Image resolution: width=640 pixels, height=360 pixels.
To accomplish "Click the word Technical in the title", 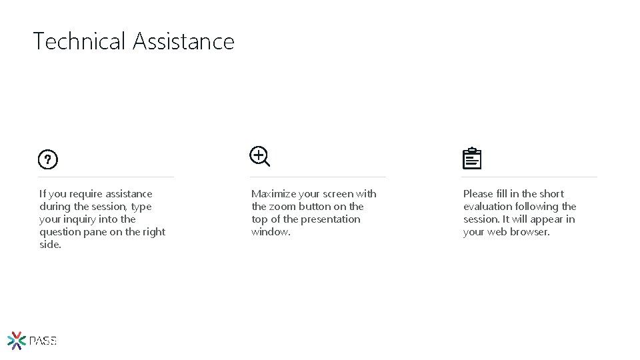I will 79,41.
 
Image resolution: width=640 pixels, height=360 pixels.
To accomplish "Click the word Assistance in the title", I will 183,41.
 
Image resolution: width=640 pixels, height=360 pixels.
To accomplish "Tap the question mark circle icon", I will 48,160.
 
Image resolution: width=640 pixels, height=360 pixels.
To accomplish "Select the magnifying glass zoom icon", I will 259,157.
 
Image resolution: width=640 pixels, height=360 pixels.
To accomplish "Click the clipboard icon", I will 471,159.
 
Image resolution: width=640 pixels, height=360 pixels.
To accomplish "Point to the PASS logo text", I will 43,341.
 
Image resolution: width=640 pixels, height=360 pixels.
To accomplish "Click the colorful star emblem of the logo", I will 17,341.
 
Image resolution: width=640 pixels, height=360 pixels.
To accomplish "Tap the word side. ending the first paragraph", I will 50,245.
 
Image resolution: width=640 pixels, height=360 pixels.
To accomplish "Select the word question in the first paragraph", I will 59,232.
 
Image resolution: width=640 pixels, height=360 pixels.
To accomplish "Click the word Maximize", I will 273,194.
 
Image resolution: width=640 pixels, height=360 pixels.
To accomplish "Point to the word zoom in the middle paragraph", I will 282,207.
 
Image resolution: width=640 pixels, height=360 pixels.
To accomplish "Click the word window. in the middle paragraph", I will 271,232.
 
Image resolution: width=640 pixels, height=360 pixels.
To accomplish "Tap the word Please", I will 479,194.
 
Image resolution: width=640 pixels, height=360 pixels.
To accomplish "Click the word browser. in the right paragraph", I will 529,232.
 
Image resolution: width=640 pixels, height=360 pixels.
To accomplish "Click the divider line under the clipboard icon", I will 529,177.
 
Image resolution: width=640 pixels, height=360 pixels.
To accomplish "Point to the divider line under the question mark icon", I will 106,177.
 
